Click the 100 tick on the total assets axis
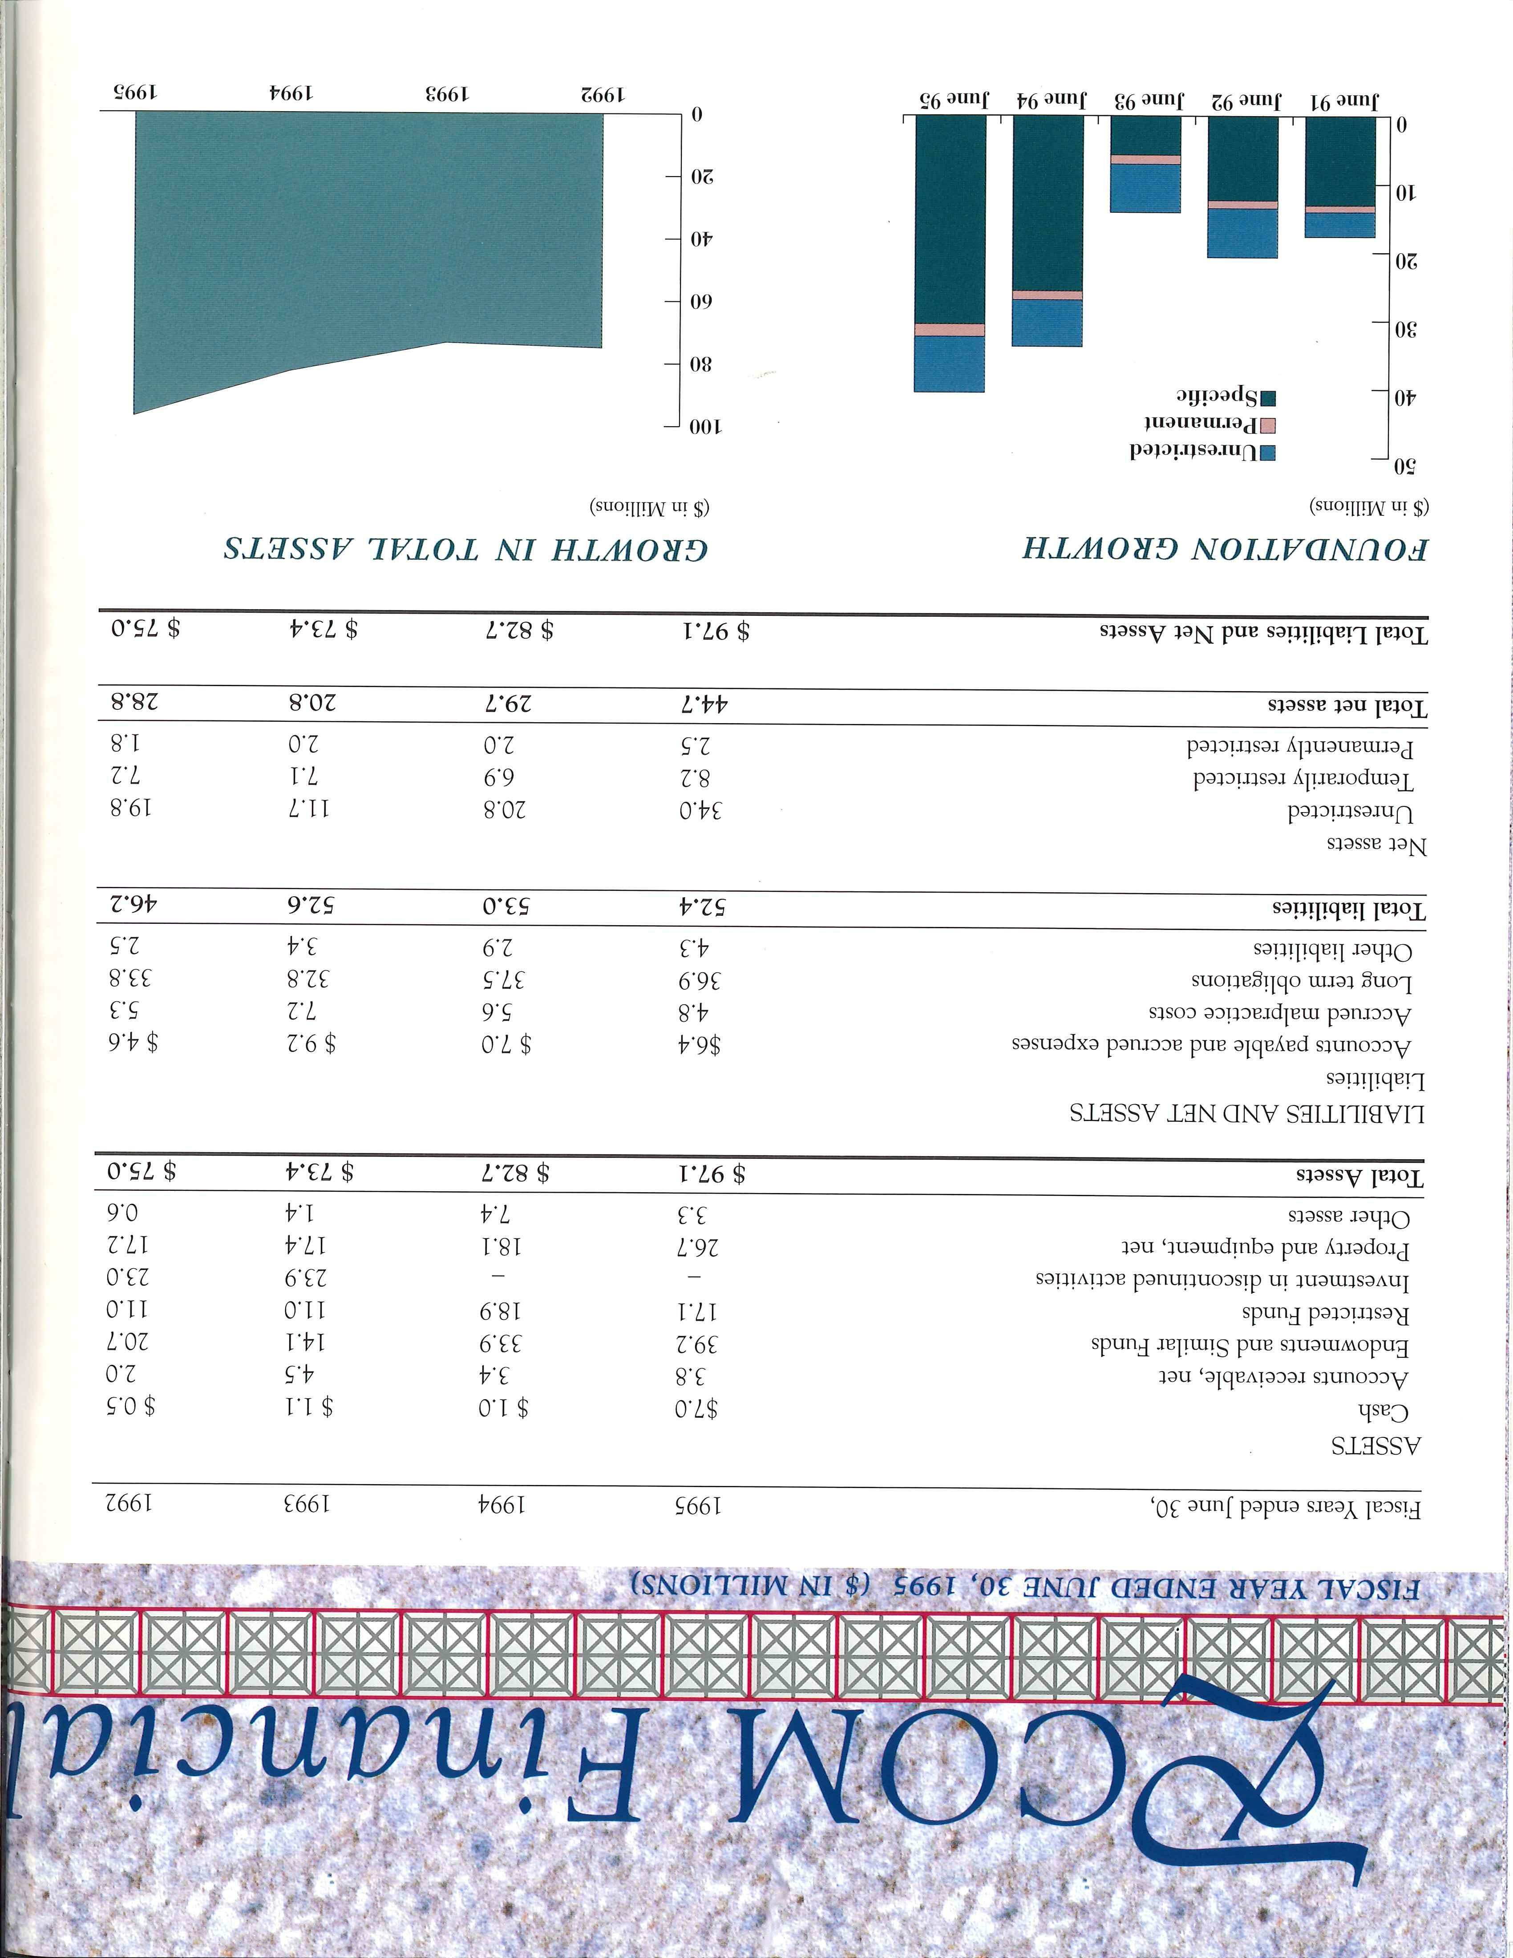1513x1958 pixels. tap(708, 428)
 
